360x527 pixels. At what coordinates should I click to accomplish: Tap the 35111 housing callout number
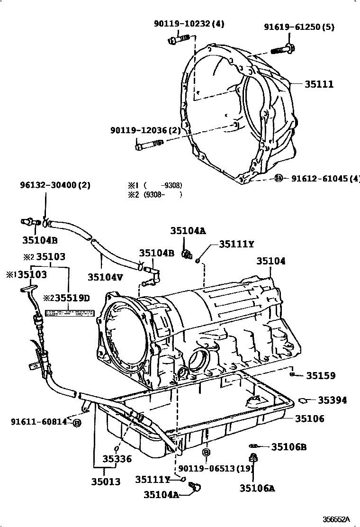point(319,84)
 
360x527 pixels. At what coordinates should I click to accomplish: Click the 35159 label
point(320,376)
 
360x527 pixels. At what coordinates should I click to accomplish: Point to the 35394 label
point(332,400)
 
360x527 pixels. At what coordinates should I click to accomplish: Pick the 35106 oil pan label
point(310,418)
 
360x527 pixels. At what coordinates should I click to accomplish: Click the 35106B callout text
point(289,446)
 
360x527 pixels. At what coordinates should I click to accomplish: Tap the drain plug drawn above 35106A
point(253,458)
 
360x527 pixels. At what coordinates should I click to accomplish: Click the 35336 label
point(118,459)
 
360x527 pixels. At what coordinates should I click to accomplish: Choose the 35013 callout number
point(106,482)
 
